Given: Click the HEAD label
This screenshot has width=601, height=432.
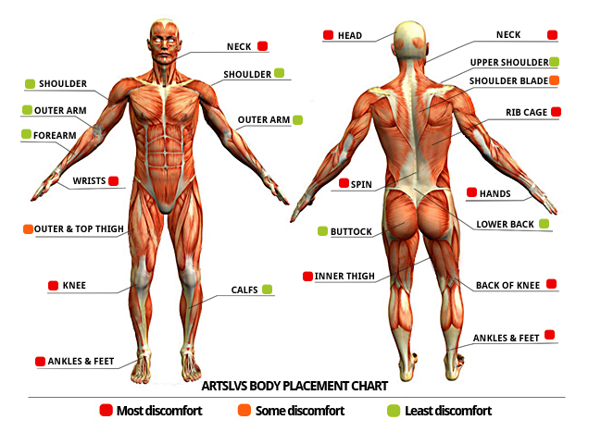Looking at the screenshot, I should [x=349, y=36].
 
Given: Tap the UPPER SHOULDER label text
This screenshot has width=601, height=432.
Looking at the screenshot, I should [x=508, y=63].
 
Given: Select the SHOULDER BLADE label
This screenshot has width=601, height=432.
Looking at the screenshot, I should [x=507, y=81].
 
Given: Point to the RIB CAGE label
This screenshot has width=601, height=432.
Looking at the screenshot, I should [x=526, y=112].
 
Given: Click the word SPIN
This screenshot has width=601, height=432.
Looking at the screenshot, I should [x=361, y=184].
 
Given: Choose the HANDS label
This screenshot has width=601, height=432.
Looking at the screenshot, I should [x=495, y=193].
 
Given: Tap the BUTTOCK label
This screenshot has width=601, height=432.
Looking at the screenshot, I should [x=351, y=231].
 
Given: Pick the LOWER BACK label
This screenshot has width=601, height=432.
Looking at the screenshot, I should [x=505, y=225].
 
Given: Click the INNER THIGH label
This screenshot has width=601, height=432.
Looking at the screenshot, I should [x=344, y=276].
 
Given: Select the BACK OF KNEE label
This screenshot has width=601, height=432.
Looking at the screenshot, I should [x=508, y=285].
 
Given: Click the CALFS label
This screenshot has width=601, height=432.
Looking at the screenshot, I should [x=244, y=290].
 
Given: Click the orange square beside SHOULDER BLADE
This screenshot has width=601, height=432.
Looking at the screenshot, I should [x=554, y=80].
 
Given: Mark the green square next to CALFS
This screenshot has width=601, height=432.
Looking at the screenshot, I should [x=268, y=290].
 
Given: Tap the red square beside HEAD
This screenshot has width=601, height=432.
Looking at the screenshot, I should [x=329, y=36].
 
